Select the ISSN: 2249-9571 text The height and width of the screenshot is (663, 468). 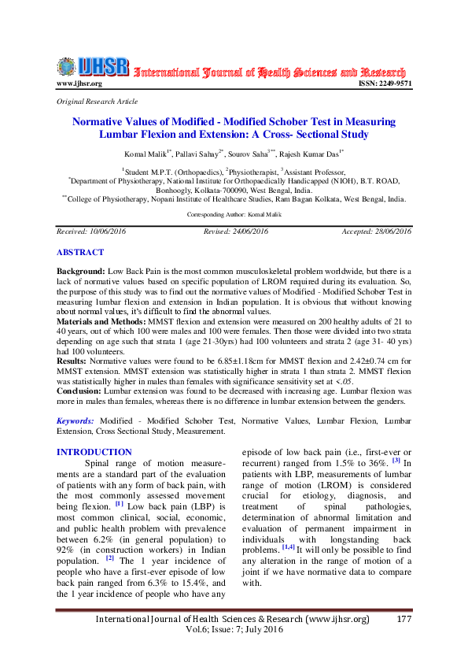pos(385,83)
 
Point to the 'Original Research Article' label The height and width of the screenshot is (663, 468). pos(98,102)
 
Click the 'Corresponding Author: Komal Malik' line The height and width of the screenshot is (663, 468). pos(234,214)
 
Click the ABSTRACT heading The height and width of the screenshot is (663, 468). pos(79,253)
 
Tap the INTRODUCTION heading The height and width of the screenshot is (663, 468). pos(95,452)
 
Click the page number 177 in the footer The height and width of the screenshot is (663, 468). pos(401,620)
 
